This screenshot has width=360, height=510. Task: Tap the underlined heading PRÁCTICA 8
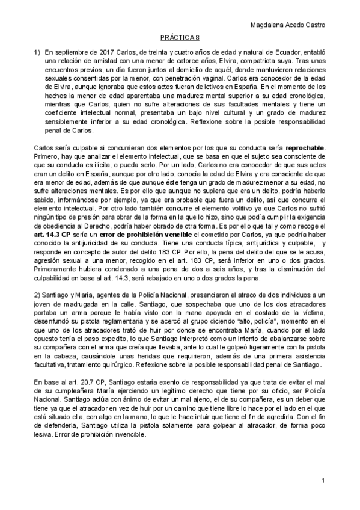180,37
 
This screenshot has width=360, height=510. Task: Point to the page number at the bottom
323,481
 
